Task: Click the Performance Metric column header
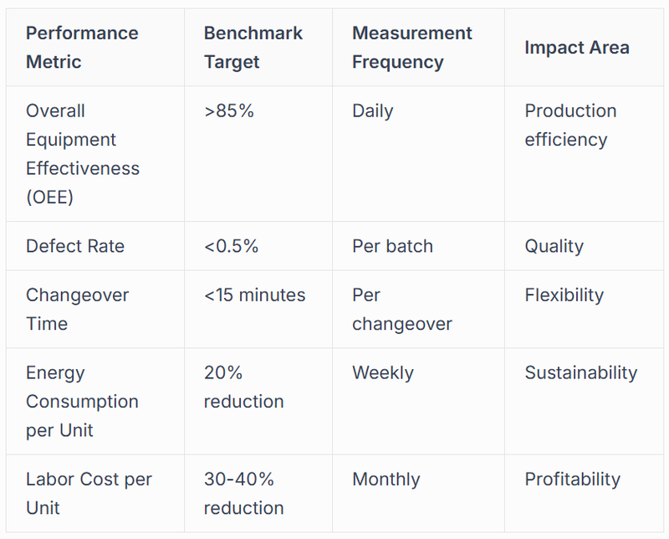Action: point(82,48)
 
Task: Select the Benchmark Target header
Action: point(253,48)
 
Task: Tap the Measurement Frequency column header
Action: point(411,48)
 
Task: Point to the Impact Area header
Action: point(576,48)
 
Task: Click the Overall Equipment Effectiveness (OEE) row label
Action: point(83,153)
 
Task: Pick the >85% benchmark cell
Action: point(228,110)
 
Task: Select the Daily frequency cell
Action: point(372,110)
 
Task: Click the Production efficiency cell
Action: point(570,125)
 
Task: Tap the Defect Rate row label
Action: point(75,246)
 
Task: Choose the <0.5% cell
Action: point(231,246)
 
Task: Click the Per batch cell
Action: point(392,246)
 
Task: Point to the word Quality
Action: point(554,246)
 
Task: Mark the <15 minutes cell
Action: point(254,295)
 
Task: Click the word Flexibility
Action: point(564,295)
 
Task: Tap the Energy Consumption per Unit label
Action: point(82,401)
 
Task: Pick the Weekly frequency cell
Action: point(382,372)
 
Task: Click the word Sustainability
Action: point(580,372)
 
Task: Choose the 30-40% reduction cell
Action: point(244,493)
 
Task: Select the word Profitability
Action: point(572,479)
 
